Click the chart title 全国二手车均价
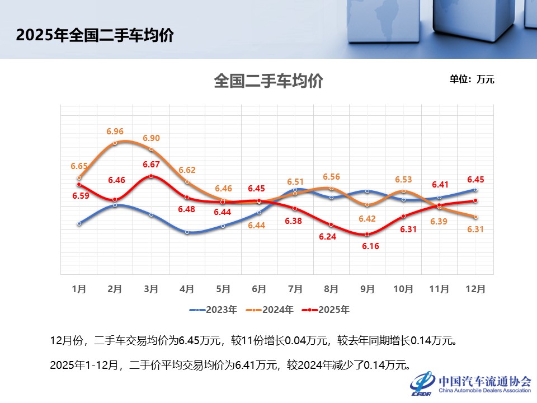click(268, 81)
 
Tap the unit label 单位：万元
click(472, 79)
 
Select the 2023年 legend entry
click(214, 310)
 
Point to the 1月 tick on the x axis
click(79, 289)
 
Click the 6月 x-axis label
click(259, 289)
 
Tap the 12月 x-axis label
click(475, 289)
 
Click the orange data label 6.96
click(115, 132)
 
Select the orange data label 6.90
click(151, 138)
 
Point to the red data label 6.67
click(151, 165)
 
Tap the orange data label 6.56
click(331, 176)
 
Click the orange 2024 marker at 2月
click(115, 143)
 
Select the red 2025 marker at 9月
click(367, 235)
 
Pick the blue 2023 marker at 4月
click(187, 232)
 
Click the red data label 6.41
click(440, 184)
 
